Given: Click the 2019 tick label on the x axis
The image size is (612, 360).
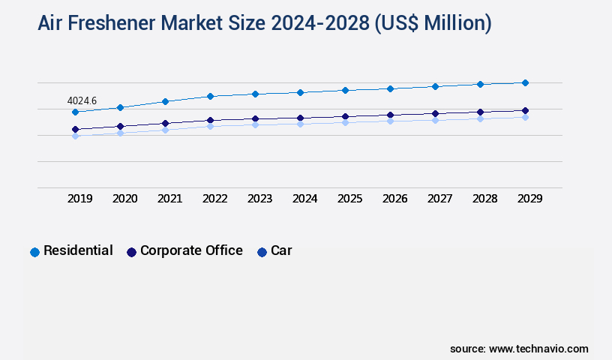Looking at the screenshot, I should tap(79, 199).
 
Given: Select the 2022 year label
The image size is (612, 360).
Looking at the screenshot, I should tap(214, 199).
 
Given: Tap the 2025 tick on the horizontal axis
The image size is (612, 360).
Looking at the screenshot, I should tap(349, 199).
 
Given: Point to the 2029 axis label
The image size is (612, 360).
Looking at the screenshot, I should tap(529, 199).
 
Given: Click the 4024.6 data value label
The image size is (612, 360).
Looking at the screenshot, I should tap(82, 100).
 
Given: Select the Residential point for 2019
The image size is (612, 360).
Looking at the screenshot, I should tap(75, 112).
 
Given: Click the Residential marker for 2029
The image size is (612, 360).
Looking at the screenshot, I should tap(525, 82).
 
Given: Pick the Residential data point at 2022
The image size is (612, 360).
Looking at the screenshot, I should tap(210, 96).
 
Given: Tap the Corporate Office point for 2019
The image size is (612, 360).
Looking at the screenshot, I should tap(75, 129).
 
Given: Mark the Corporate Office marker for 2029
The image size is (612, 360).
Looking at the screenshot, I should tap(525, 110).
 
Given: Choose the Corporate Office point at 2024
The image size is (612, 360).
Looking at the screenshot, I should tap(300, 118).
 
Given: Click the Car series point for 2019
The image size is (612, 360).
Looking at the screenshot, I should tap(75, 136).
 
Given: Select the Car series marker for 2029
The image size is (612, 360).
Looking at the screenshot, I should tap(525, 117).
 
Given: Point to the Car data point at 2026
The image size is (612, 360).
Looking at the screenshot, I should tap(390, 120).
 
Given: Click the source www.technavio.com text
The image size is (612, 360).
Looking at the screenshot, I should tap(519, 349).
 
